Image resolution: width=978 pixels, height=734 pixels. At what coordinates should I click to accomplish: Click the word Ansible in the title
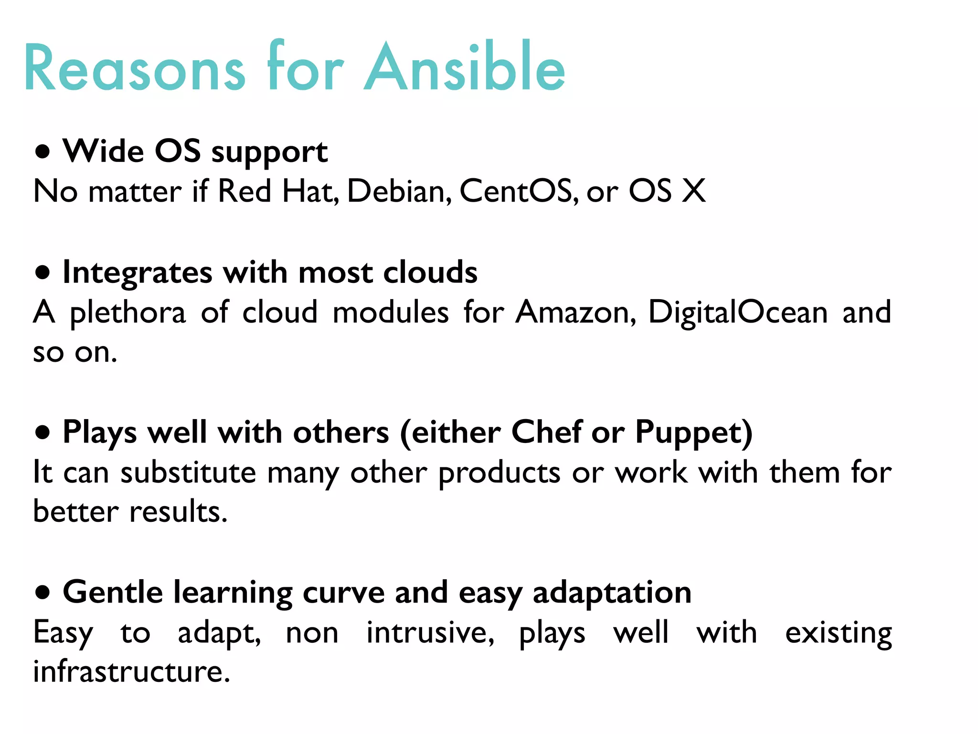(464, 68)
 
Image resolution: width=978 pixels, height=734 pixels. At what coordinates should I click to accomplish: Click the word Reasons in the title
(135, 68)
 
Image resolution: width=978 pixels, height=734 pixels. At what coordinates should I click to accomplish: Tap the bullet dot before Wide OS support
(43, 152)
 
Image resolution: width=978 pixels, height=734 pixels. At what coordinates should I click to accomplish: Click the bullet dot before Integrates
(43, 273)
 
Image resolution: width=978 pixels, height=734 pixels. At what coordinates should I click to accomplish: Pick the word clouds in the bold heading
(430, 272)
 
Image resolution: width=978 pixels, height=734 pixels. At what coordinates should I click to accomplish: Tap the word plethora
(128, 313)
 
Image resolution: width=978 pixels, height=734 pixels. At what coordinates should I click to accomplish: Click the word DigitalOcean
(738, 313)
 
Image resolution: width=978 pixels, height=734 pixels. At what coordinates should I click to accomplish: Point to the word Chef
(546, 432)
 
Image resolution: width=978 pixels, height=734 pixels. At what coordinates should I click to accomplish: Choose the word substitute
(188, 473)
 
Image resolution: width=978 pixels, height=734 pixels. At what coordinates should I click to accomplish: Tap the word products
(499, 473)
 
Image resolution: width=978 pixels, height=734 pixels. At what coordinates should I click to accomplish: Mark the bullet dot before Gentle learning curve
(43, 593)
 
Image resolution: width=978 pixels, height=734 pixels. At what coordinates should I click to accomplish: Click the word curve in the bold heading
(343, 593)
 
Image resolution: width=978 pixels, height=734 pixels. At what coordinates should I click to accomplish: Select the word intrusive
(429, 633)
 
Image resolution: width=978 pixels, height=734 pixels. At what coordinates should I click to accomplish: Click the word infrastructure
(131, 671)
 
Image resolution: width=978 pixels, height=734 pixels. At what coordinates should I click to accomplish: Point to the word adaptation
(612, 593)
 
